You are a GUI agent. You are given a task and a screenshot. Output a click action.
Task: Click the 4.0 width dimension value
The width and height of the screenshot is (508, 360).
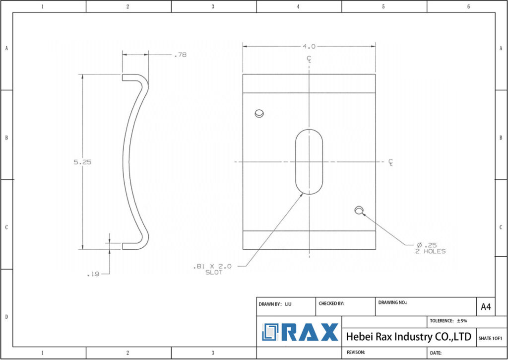pyautogui.click(x=309, y=46)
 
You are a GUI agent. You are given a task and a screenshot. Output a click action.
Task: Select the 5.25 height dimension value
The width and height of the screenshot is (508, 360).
pyautogui.click(x=83, y=162)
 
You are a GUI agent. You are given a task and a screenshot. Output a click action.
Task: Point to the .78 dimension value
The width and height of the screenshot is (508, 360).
pyautogui.click(x=180, y=55)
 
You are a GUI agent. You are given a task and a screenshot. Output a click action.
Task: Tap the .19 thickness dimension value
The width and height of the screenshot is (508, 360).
pyautogui.click(x=93, y=274)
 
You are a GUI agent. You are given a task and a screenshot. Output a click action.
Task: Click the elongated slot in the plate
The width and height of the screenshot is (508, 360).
pyautogui.click(x=309, y=162)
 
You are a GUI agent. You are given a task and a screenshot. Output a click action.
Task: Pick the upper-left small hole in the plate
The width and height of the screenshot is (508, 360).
pyautogui.click(x=259, y=113)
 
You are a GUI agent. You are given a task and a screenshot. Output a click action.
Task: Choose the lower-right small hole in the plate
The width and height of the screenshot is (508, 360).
pyautogui.click(x=359, y=211)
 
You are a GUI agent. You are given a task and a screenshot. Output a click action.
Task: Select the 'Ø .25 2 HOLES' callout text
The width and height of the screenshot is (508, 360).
pyautogui.click(x=430, y=248)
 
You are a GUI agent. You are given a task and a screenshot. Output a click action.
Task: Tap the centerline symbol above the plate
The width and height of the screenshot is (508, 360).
pyautogui.click(x=309, y=59)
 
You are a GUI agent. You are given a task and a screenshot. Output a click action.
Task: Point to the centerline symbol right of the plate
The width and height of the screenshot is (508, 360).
pyautogui.click(x=391, y=162)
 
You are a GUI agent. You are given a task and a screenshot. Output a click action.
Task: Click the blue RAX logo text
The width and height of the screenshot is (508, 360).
pyautogui.click(x=310, y=332)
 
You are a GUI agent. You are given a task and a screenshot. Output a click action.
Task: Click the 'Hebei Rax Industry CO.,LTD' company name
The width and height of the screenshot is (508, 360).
pyautogui.click(x=408, y=337)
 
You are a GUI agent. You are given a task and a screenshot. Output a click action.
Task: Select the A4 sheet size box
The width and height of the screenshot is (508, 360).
pyautogui.click(x=486, y=307)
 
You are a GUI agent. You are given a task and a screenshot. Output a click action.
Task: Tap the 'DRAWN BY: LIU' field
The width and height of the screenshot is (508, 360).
pyautogui.click(x=275, y=303)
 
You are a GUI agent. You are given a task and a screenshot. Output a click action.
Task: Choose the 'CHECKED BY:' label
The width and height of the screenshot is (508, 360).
pyautogui.click(x=331, y=303)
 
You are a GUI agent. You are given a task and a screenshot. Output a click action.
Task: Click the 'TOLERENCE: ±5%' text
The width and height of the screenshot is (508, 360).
pyautogui.click(x=448, y=321)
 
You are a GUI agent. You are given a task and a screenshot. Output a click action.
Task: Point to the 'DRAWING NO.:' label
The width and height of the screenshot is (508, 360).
pyautogui.click(x=392, y=302)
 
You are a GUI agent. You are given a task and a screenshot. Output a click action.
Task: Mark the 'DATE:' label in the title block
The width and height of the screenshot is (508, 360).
pyautogui.click(x=436, y=353)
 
